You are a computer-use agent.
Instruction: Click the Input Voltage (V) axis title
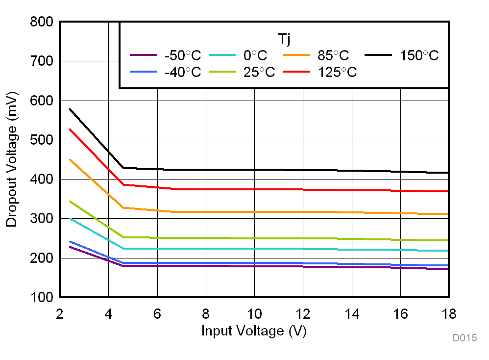[254, 331]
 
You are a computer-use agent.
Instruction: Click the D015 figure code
[465, 338]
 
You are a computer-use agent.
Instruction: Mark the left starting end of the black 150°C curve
[70, 109]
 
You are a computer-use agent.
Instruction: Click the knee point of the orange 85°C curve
[123, 207]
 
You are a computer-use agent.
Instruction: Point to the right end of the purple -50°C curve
[448, 269]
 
